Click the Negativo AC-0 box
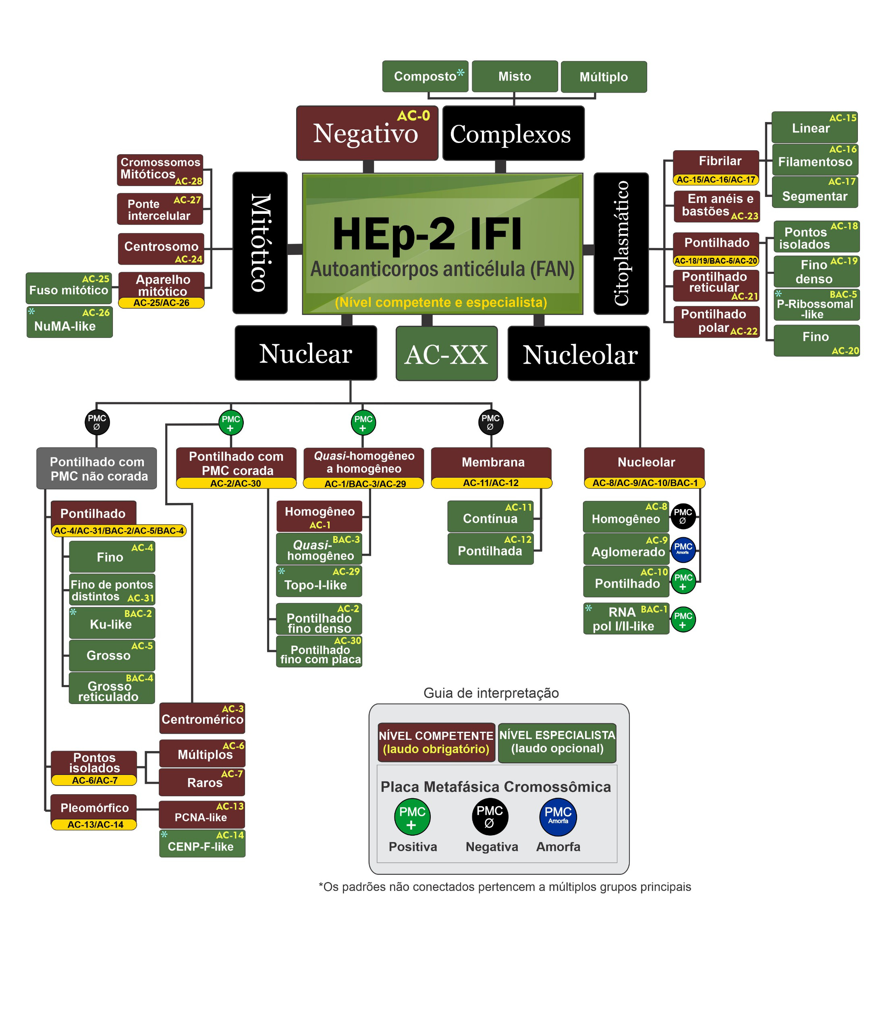pos(367,133)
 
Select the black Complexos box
pos(513,133)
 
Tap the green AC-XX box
pos(446,354)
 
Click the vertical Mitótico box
pos(260,243)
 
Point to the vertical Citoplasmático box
pos(621,243)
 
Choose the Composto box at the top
pos(425,77)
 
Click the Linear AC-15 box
pos(814,128)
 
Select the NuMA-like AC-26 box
pos(70,322)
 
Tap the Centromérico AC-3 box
pos(202,718)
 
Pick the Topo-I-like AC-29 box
pos(319,581)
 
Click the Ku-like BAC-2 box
pos(112,623)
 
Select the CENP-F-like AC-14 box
pos(202,843)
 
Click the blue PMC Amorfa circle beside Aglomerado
pos(683,549)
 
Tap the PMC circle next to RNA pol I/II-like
pos(683,619)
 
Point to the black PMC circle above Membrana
pos(491,422)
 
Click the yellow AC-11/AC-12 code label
pos(491,483)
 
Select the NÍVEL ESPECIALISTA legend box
pos(557,742)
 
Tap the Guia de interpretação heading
pos(491,693)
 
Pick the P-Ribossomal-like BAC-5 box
pos(816,305)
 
